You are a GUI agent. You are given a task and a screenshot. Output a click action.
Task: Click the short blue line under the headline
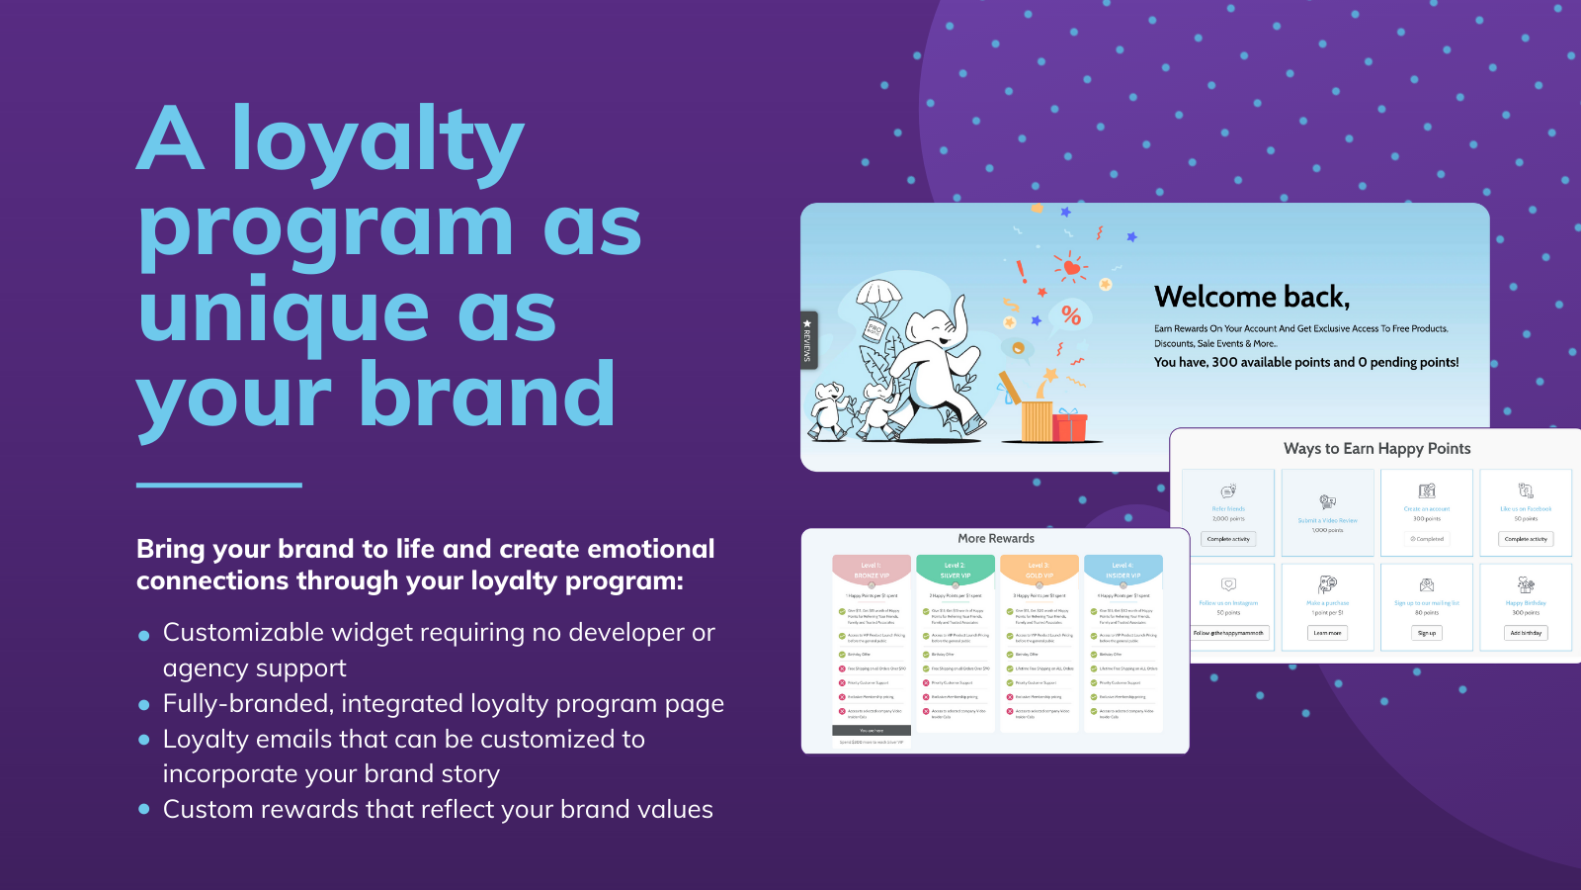coord(218,485)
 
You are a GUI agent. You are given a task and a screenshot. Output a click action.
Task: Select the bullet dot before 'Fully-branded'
coord(144,705)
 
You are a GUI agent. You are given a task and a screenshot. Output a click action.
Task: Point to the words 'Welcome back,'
coord(1251,297)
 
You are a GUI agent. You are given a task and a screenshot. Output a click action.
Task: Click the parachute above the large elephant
coord(877,297)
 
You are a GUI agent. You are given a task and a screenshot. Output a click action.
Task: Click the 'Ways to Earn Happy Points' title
coord(1376,449)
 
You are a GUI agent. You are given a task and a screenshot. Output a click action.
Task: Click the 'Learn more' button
coord(1327,633)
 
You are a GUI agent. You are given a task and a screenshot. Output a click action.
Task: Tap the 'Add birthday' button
coord(1526,633)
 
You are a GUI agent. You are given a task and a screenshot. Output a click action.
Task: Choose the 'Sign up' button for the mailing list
coord(1426,633)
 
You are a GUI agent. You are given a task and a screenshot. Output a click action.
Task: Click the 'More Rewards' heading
coord(996,539)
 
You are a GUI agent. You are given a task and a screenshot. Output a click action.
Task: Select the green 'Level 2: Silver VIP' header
coord(955,571)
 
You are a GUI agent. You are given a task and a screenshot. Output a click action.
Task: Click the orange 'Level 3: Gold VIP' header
coord(1039,571)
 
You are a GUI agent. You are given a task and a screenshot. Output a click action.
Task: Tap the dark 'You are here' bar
coord(872,731)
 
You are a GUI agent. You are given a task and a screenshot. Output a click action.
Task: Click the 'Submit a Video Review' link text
coord(1327,520)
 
